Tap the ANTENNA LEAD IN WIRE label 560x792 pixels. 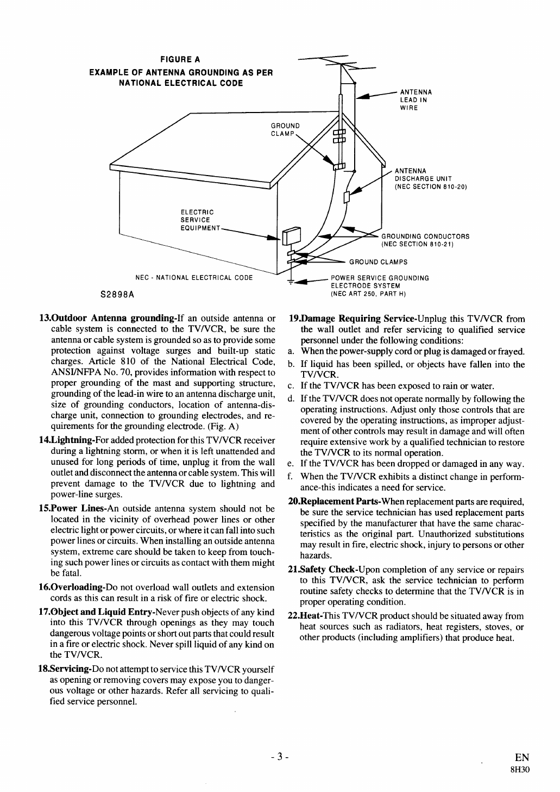(416, 99)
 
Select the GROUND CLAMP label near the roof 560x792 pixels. (285, 129)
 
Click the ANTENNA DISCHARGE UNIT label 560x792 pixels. (431, 179)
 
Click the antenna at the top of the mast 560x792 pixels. (339, 63)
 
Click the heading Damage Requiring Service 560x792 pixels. (335, 318)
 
